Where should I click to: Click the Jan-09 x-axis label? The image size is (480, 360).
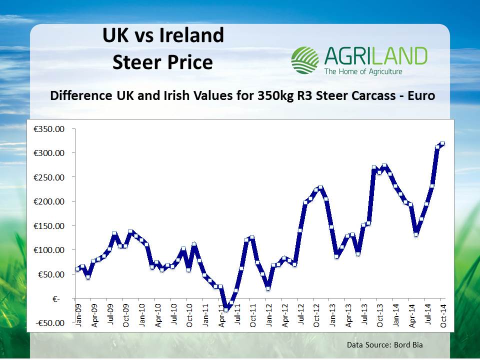click(x=78, y=318)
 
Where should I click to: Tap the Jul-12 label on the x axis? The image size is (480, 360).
click(x=300, y=318)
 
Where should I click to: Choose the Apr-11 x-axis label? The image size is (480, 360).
click(x=221, y=318)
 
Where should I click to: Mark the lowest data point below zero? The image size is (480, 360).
click(x=226, y=309)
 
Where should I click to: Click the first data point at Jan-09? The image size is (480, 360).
click(x=77, y=269)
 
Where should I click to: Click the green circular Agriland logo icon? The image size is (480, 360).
click(x=304, y=60)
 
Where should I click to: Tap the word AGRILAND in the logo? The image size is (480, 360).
click(x=375, y=56)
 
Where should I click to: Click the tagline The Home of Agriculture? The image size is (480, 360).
click(x=363, y=71)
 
